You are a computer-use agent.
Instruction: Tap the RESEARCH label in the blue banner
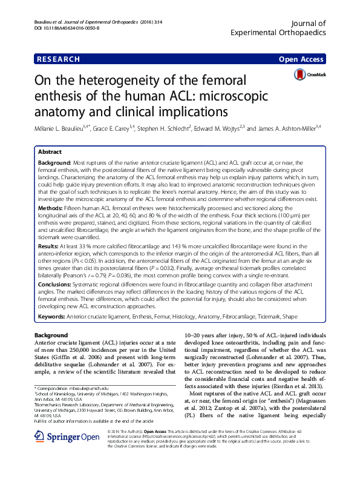(x=58, y=59)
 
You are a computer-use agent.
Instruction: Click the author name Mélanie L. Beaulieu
(x=61, y=128)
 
